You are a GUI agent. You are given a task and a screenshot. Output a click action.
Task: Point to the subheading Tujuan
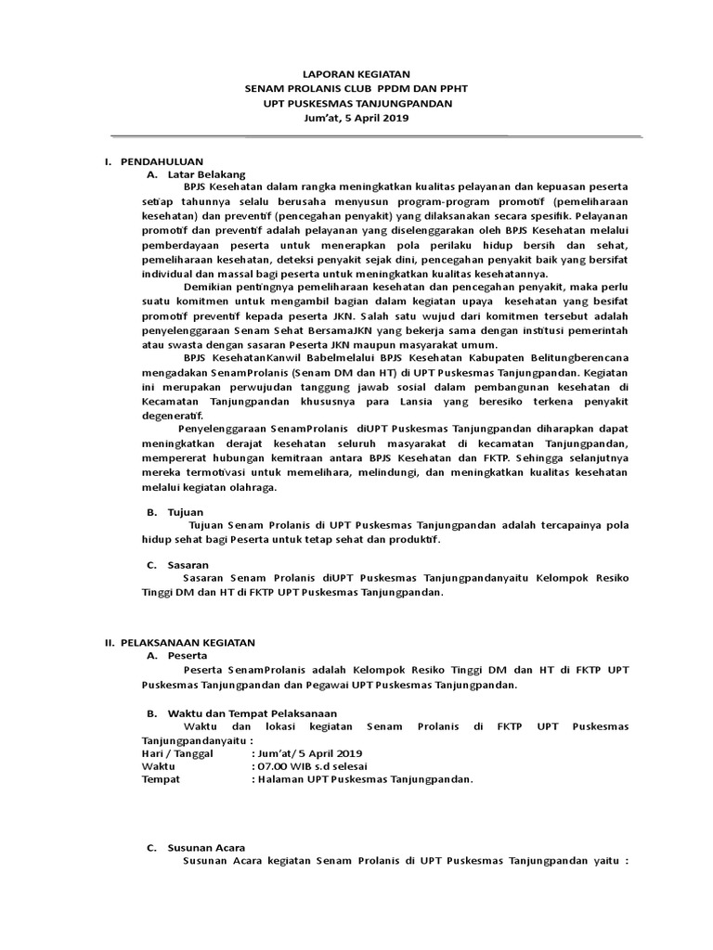[x=186, y=511]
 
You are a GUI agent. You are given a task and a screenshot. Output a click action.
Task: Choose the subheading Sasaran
[x=188, y=564]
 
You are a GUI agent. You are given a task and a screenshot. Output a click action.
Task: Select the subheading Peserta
[x=188, y=655]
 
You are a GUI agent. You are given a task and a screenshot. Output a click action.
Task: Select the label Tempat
[x=160, y=779]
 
